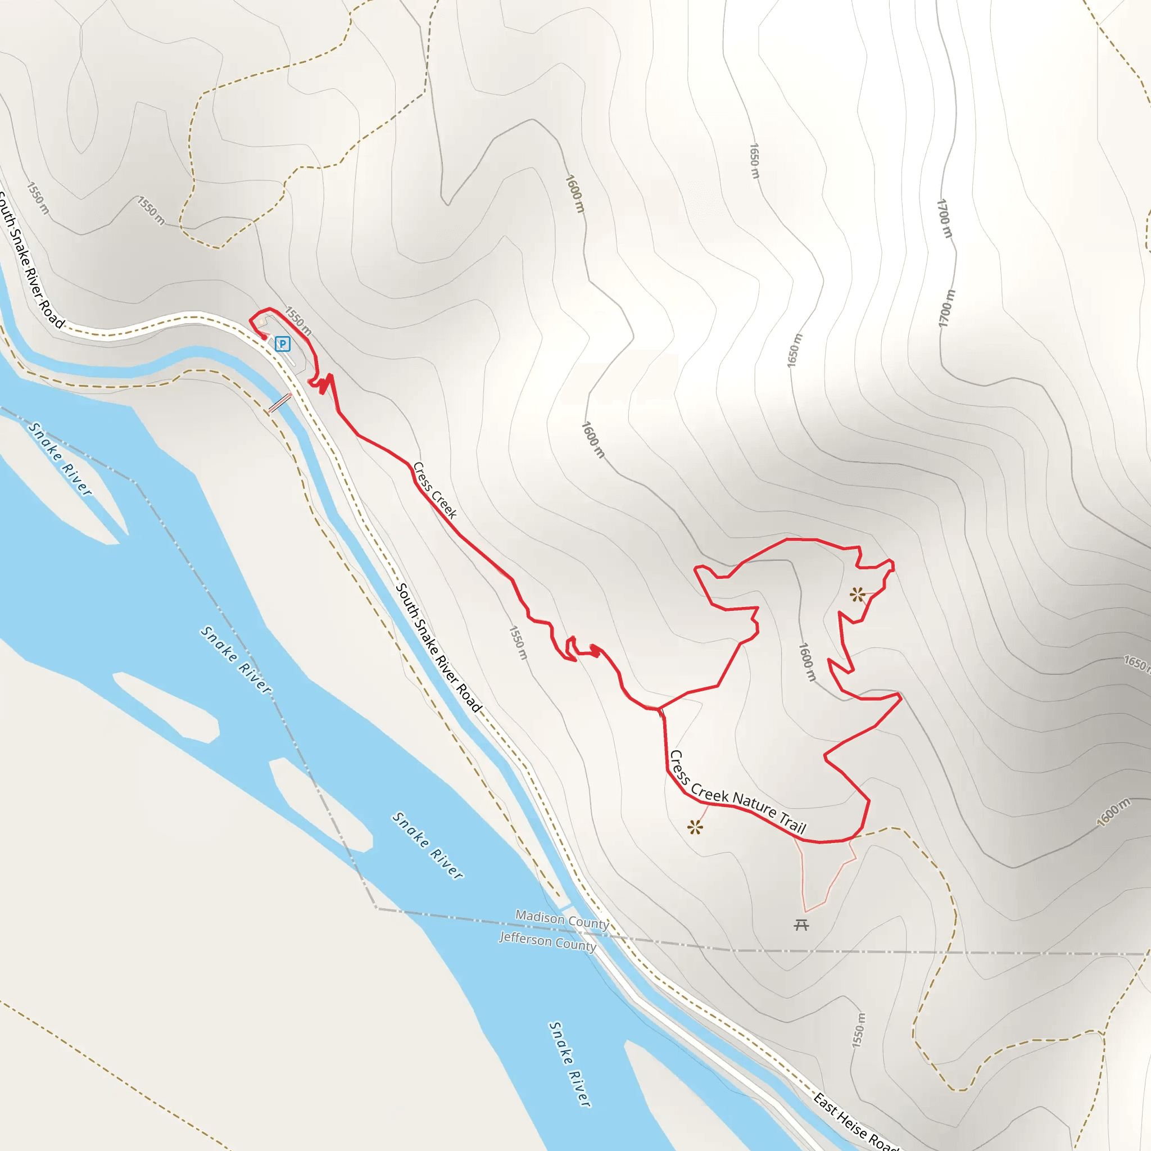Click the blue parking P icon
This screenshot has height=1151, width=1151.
pos(282,344)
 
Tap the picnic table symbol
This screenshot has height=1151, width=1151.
pos(801,925)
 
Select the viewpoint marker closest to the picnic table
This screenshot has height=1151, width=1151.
pos(695,827)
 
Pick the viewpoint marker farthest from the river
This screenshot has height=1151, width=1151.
pos(857,594)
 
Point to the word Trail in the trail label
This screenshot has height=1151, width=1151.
pos(792,823)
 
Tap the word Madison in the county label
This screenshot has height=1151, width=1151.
pos(540,917)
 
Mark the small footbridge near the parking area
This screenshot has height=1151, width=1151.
pos(279,403)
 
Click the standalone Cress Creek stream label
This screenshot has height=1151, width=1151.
pos(435,490)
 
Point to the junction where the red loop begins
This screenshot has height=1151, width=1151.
pos(660,709)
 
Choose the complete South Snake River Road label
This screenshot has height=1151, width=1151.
pos(438,647)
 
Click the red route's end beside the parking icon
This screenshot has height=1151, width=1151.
pos(265,338)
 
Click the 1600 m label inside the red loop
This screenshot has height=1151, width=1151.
pos(806,662)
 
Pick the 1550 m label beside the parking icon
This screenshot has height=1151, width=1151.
pos(298,321)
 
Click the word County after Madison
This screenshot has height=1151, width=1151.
pos(587,923)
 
